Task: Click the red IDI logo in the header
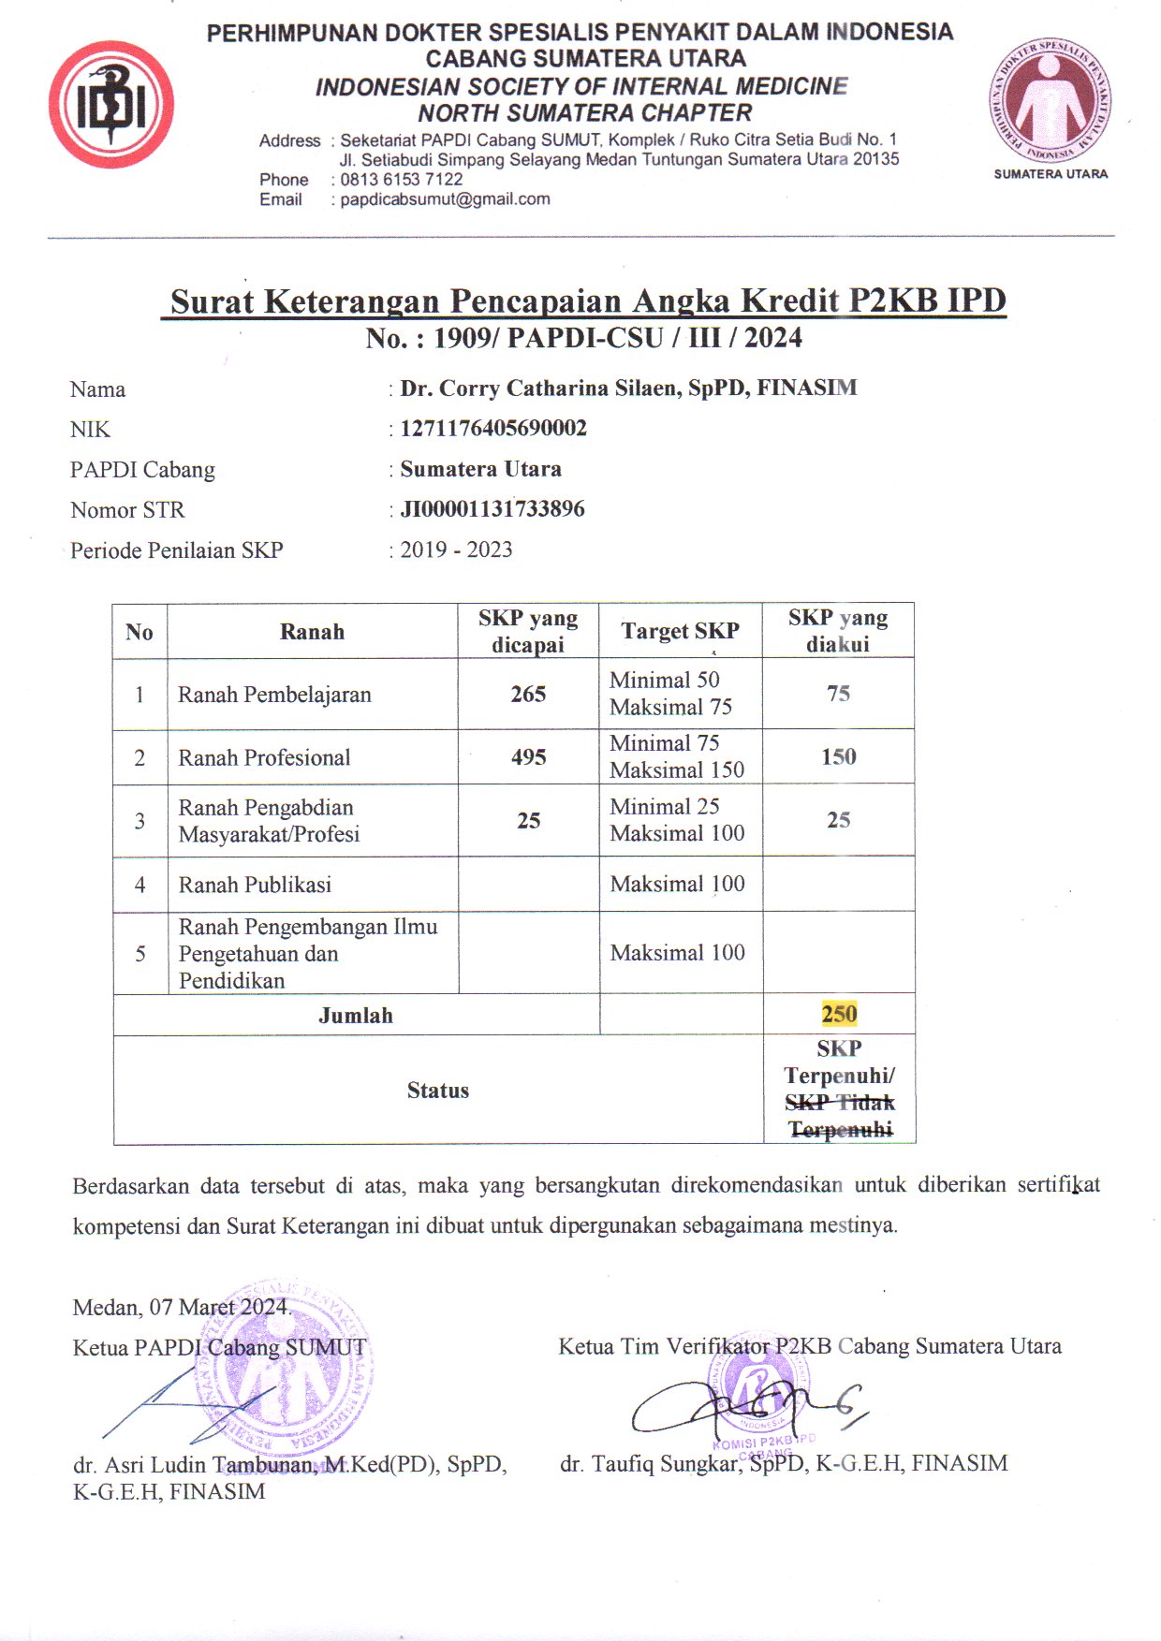point(111,106)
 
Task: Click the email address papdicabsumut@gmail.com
point(445,199)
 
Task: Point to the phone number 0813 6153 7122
point(402,180)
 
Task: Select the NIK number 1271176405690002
point(493,429)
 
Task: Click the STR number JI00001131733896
point(492,509)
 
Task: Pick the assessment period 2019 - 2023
point(456,549)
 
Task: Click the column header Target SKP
point(680,631)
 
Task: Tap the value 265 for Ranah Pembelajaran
point(528,694)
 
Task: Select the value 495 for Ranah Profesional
point(528,757)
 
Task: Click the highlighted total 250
point(839,1014)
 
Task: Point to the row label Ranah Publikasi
point(255,885)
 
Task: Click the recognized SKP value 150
point(839,756)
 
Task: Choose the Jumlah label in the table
point(356,1016)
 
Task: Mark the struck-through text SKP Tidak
point(840,1103)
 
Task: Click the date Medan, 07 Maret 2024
point(182,1307)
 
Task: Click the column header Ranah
point(312,632)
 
